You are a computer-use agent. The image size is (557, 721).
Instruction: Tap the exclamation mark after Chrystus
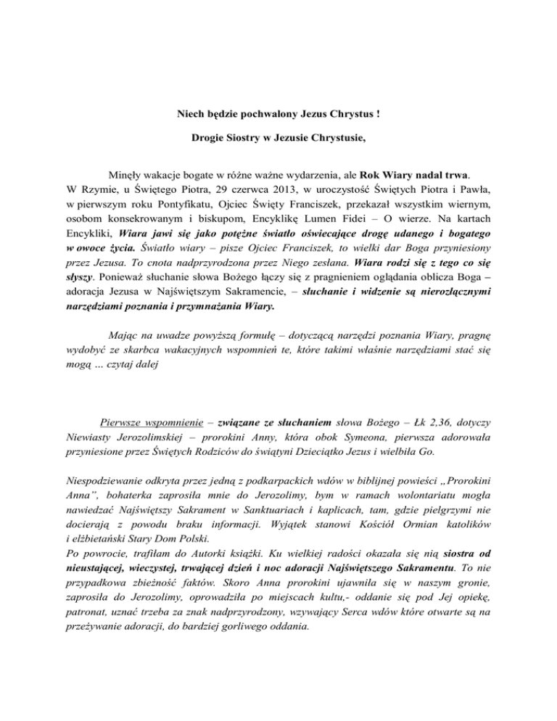click(378, 114)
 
